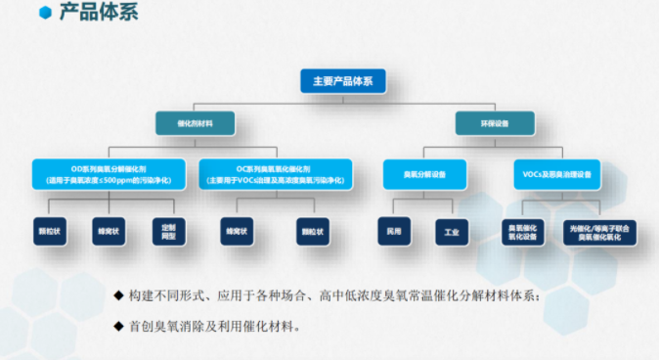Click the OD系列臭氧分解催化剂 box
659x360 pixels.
110,174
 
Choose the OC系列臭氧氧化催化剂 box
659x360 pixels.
272,174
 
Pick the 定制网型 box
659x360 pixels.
168,232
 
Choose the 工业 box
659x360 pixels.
451,232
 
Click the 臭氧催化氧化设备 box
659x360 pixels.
522,232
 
